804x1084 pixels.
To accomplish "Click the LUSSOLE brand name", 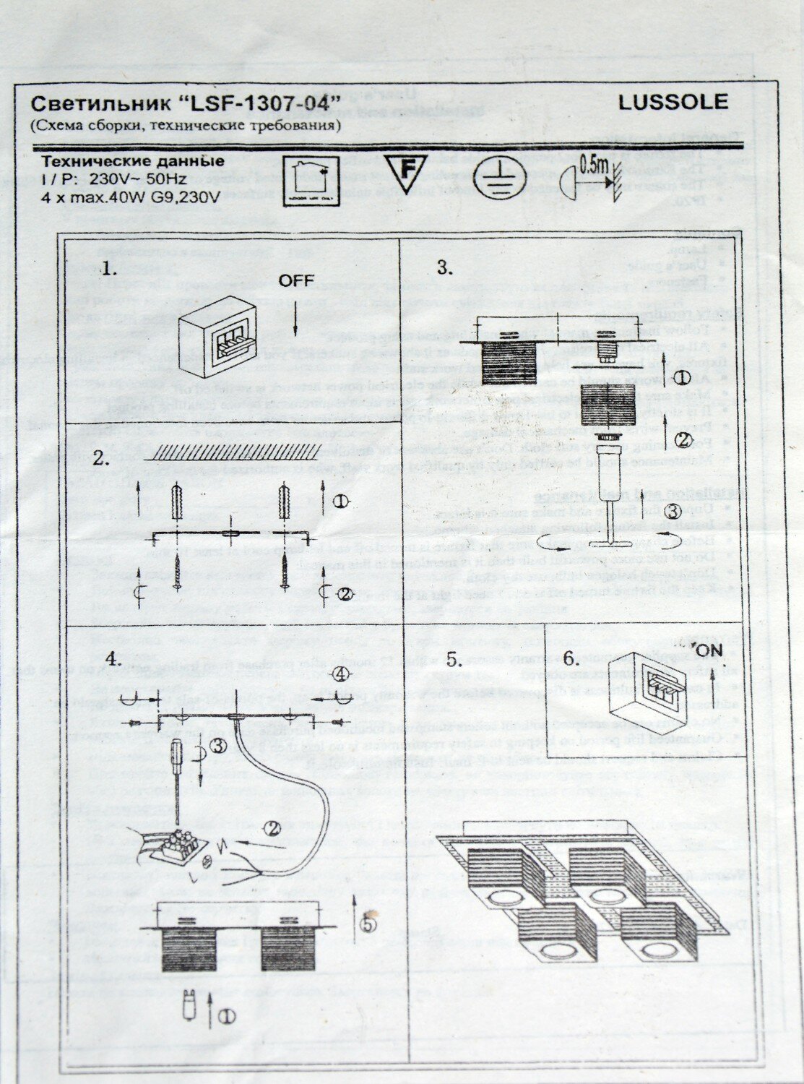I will click(x=673, y=102).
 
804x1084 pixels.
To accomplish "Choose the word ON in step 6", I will click(x=711, y=650).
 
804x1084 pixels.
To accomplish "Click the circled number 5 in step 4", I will click(x=368, y=924).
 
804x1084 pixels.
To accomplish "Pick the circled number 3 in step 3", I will click(x=673, y=512).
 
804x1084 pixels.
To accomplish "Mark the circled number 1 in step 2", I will click(x=344, y=500).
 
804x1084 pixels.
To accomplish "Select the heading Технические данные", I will click(x=131, y=160).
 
